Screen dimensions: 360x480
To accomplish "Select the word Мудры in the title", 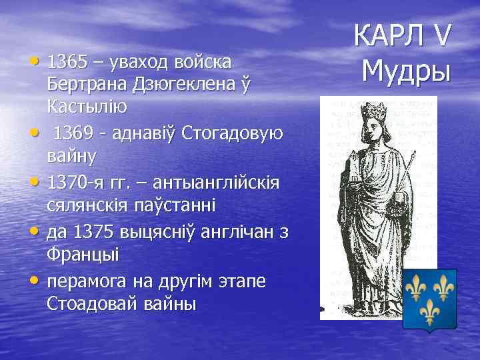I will point(406,69).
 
